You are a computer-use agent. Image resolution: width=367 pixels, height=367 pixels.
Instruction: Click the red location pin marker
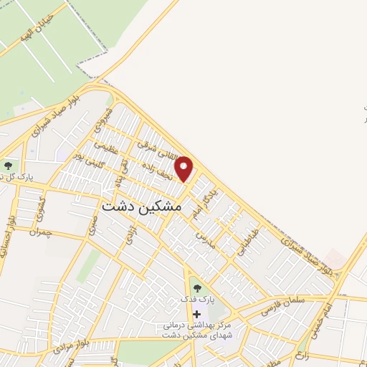[x=184, y=168]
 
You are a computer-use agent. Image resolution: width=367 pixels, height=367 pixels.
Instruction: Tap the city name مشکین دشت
[x=142, y=206]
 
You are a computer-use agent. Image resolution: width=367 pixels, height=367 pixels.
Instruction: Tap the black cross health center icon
[x=196, y=315]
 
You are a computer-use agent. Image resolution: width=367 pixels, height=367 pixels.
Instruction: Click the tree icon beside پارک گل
[x=8, y=166]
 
